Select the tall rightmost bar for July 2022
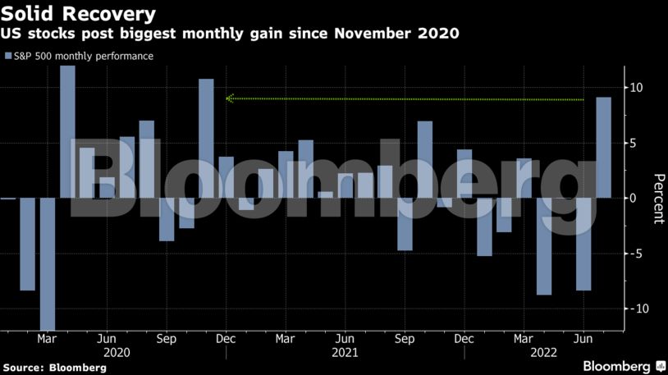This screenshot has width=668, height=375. (x=603, y=148)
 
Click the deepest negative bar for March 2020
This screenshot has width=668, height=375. (x=48, y=263)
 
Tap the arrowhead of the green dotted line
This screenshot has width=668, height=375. (x=231, y=98)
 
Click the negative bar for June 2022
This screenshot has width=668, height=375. (x=583, y=244)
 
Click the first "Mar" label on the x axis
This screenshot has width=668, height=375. (x=47, y=338)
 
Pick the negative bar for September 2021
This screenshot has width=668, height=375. (x=405, y=224)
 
